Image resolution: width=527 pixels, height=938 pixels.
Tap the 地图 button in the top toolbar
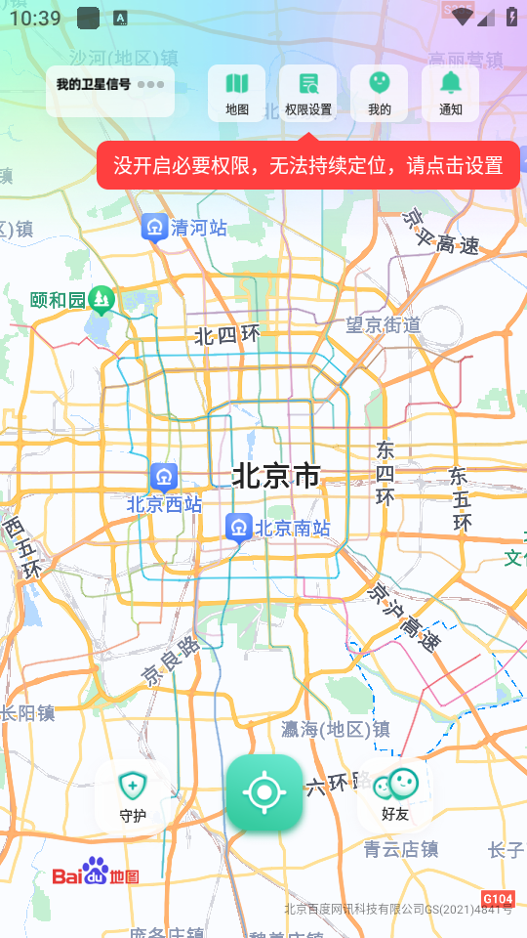[x=236, y=93]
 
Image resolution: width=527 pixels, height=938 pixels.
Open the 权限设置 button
[x=308, y=93]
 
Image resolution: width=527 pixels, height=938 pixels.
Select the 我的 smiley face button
[x=380, y=93]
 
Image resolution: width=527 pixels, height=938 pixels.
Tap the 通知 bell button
[x=450, y=93]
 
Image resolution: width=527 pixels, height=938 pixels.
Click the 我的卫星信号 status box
[x=110, y=91]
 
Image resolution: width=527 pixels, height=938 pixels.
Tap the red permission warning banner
[x=307, y=165]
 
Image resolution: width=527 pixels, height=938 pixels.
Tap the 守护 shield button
[x=132, y=795]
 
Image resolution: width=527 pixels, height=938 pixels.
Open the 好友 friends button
[x=395, y=795]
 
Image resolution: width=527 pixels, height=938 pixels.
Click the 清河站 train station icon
[x=153, y=227]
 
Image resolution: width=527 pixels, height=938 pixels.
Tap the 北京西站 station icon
[x=163, y=477]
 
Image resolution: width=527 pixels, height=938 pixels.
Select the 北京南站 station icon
[x=238, y=528]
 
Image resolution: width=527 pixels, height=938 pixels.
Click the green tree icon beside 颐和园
[x=101, y=299]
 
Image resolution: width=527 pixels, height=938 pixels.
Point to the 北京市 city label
[x=276, y=476]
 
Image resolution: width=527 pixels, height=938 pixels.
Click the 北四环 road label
[x=227, y=336]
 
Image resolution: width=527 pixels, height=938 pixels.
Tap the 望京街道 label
[x=384, y=324]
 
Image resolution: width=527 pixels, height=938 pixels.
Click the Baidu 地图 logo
[x=96, y=873]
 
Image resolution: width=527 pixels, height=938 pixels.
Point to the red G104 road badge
[x=498, y=898]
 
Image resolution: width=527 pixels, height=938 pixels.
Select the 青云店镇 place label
[x=401, y=849]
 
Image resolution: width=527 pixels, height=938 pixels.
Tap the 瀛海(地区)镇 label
[x=335, y=729]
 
